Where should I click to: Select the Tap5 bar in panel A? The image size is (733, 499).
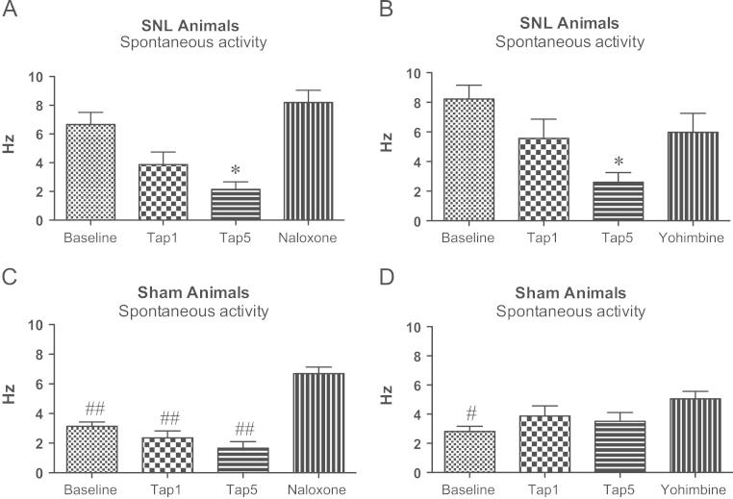coord(237,204)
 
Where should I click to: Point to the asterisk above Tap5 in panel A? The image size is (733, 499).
coord(237,170)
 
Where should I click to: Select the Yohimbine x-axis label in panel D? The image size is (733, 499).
coord(679,489)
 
